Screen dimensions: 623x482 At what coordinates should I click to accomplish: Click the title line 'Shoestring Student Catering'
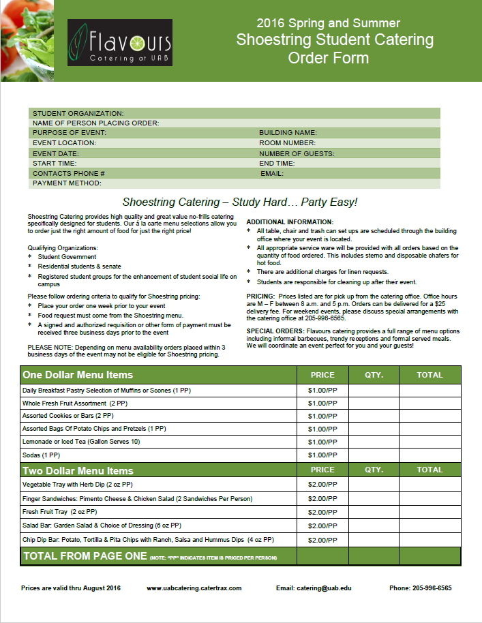click(x=335, y=40)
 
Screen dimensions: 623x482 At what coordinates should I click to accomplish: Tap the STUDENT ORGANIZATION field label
click(x=78, y=113)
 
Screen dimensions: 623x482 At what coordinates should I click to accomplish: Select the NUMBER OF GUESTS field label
click(x=297, y=153)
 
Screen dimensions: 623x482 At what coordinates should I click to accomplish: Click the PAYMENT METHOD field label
click(x=67, y=183)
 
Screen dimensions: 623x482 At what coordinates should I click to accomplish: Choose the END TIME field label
click(x=277, y=164)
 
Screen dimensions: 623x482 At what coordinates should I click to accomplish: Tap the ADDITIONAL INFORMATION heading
click(x=290, y=222)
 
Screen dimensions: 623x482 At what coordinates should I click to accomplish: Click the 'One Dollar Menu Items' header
click(x=78, y=375)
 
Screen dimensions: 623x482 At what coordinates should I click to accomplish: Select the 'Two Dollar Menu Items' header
click(x=78, y=470)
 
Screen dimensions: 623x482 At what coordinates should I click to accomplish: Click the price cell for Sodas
click(x=322, y=455)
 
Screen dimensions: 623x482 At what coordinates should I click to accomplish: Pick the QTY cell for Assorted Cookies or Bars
click(x=374, y=416)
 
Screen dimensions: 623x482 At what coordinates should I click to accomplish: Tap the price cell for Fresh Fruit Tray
click(x=322, y=512)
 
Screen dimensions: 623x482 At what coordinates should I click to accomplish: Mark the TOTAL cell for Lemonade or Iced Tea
click(x=430, y=442)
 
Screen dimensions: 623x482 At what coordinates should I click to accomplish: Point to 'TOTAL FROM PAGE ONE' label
click(x=85, y=556)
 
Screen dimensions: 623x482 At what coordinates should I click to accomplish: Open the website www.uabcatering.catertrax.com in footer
click(x=194, y=588)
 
